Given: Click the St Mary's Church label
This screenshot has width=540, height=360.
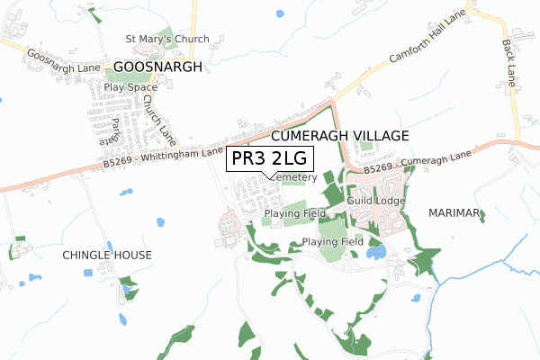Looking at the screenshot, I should click(x=167, y=39).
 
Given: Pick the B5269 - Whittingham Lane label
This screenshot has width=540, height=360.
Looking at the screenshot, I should click(x=162, y=158).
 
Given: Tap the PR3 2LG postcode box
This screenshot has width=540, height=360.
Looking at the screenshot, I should click(x=269, y=158).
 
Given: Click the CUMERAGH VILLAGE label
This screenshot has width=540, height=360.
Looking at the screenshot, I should click(x=339, y=135).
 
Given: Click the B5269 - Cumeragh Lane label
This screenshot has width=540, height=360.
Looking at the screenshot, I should click(x=418, y=163).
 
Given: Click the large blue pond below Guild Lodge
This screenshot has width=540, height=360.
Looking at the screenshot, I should click(x=376, y=252).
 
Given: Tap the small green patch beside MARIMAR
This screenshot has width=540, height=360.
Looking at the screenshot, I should click(x=481, y=216).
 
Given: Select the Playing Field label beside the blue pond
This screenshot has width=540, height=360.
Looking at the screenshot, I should click(x=332, y=242).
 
